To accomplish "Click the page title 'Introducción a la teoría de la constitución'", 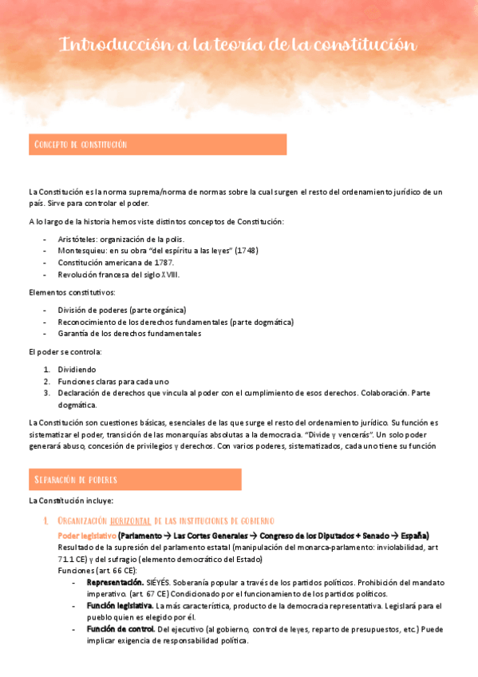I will pyautogui.click(x=238, y=45).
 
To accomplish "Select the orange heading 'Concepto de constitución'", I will pyautogui.click(x=80, y=145).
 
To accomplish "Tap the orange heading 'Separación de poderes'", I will pyautogui.click(x=75, y=479).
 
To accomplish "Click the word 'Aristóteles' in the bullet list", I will pyautogui.click(x=77, y=239).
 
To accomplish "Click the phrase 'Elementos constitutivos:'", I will pyautogui.click(x=72, y=292).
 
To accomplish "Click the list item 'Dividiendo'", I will pyautogui.click(x=77, y=370).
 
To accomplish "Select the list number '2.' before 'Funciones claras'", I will pyautogui.click(x=47, y=382).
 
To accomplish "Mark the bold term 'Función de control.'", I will pyautogui.click(x=120, y=629).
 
